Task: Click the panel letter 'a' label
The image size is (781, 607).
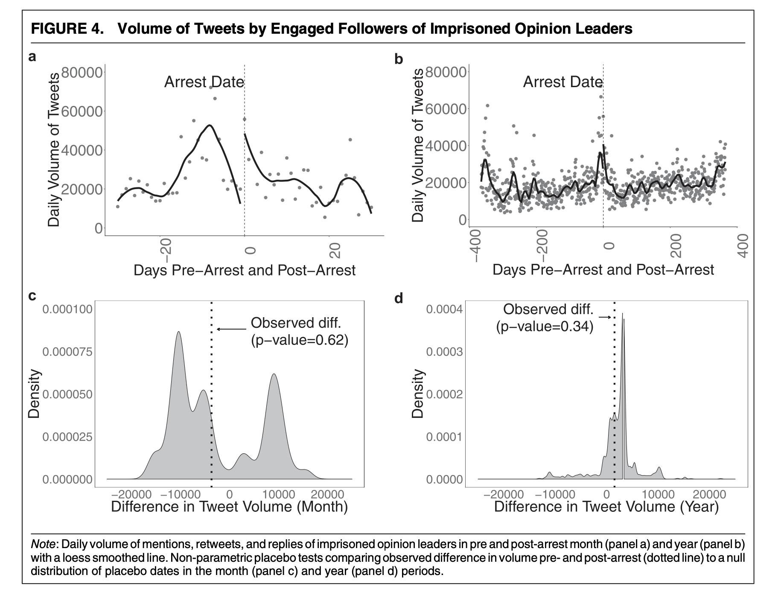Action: coord(32,57)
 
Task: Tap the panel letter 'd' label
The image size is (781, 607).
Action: coord(399,298)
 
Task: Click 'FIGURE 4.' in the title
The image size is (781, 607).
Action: coord(67,29)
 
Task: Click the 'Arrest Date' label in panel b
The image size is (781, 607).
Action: coord(562,82)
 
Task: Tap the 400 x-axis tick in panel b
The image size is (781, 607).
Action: coord(743,245)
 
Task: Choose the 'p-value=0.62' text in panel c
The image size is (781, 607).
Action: coord(300,340)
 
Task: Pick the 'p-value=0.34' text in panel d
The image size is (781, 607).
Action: coord(545,327)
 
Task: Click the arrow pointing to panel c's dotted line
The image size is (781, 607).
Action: coord(232,329)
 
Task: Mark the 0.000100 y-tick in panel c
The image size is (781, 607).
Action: coord(67,309)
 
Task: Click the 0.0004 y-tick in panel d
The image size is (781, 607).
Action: coord(444,309)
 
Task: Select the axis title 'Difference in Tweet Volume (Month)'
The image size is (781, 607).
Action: coord(229,507)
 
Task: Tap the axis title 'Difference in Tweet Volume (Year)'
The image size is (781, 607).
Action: coord(606,507)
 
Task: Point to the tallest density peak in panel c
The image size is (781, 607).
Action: coord(178,332)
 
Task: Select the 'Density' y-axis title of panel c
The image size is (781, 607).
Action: coord(34,394)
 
